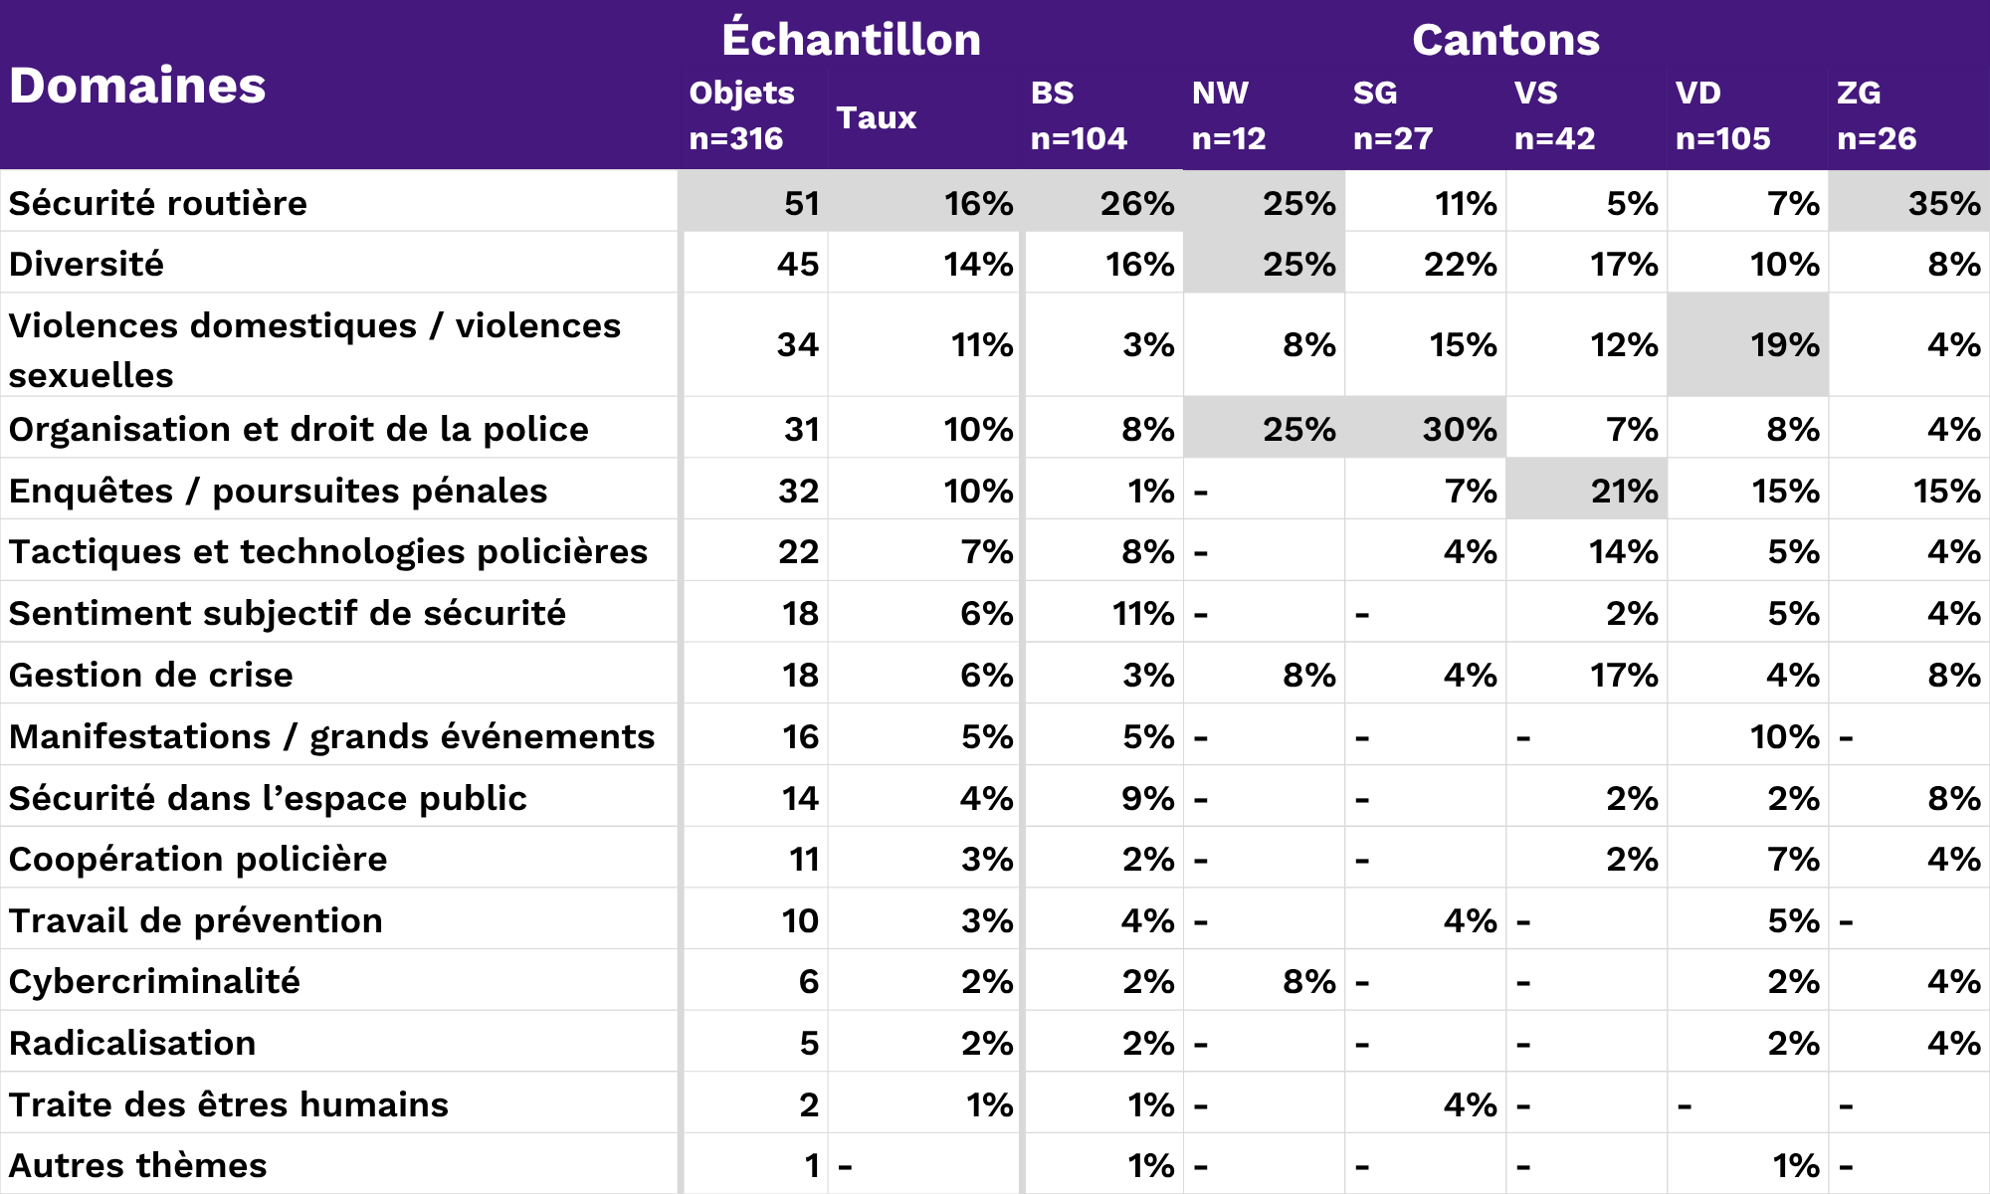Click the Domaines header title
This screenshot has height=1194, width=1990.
(x=137, y=86)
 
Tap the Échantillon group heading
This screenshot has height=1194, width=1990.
(x=851, y=40)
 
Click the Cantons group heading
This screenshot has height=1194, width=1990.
(x=1505, y=40)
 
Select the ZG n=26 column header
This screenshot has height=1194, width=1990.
(x=1877, y=115)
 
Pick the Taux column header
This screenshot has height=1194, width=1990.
(x=876, y=117)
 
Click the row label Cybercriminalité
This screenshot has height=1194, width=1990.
(x=154, y=981)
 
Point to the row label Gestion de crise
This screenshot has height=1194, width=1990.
(x=151, y=675)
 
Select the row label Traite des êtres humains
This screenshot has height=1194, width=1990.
(x=229, y=1104)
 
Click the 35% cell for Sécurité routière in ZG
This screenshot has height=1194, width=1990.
(x=1943, y=203)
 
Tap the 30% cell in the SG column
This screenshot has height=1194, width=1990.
(x=1459, y=429)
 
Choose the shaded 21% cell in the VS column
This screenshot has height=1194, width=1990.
(x=1623, y=491)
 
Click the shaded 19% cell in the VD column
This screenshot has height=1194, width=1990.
(x=1784, y=344)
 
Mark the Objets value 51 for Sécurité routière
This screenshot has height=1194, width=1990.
(x=801, y=203)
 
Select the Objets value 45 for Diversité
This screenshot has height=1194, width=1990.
(x=797, y=264)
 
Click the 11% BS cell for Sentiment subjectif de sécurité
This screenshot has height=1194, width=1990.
(x=1142, y=613)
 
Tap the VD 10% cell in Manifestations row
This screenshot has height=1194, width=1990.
(x=1784, y=736)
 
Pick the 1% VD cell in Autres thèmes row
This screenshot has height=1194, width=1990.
(x=1795, y=1165)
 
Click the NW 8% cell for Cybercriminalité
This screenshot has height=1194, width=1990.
(x=1308, y=981)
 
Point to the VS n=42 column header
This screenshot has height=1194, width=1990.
(x=1554, y=115)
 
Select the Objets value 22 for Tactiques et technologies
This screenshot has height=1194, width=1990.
(x=798, y=551)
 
